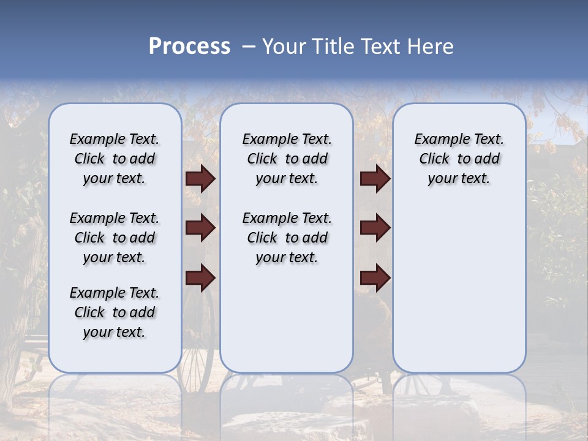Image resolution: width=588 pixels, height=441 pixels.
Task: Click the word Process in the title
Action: [189, 47]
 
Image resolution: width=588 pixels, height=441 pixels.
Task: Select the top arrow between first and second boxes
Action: [200, 179]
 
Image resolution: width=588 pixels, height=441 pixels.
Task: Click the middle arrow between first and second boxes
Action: [200, 228]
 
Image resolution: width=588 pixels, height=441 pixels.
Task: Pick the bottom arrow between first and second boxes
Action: [200, 277]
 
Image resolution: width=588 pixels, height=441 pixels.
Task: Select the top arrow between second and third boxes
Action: [375, 179]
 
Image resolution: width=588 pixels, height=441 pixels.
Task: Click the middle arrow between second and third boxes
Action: [375, 228]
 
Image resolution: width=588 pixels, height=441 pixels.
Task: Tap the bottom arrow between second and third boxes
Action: [375, 277]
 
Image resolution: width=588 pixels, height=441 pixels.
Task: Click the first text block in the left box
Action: [115, 159]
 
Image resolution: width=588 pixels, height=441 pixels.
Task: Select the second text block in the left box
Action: [115, 238]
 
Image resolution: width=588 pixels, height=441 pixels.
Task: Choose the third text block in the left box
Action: [115, 312]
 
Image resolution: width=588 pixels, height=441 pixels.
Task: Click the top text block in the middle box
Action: [287, 159]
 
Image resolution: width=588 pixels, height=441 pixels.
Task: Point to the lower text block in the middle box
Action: [287, 238]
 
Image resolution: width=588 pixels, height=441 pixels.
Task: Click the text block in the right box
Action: [459, 159]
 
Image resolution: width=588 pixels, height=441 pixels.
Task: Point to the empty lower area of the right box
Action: [459, 288]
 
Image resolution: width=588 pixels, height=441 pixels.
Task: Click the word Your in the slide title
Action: [284, 47]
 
